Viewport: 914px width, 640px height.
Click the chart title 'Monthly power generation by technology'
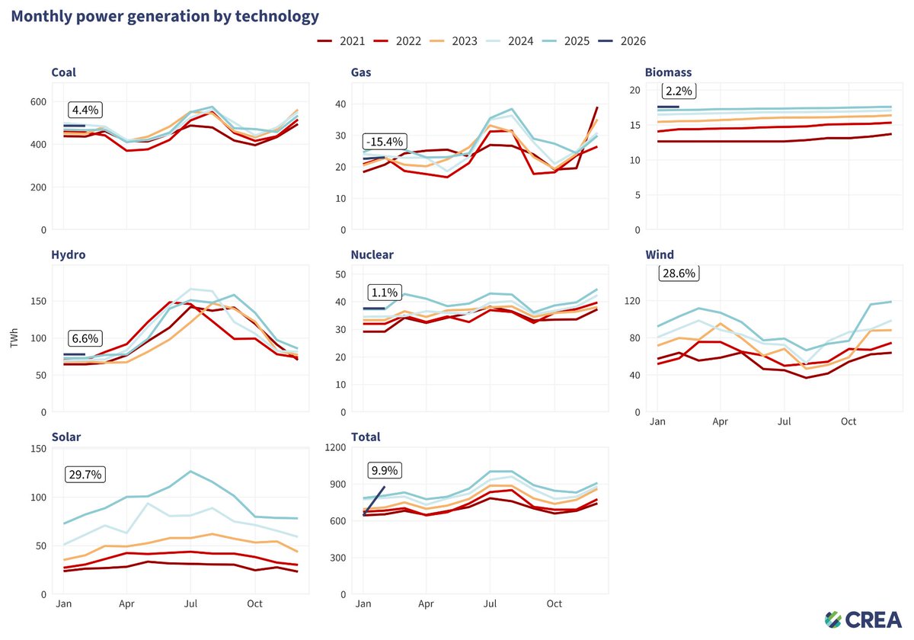coord(165,16)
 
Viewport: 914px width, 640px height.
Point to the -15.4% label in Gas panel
coord(385,142)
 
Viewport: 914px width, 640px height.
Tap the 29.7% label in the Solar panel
coord(85,474)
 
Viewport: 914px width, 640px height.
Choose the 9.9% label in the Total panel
coord(385,470)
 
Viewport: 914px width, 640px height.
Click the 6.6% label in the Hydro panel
coord(85,338)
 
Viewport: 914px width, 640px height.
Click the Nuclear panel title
coord(372,254)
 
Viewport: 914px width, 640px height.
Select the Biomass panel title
coord(668,72)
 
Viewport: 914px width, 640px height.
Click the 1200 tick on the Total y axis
coord(334,447)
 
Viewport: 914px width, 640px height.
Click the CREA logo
coord(863,619)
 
